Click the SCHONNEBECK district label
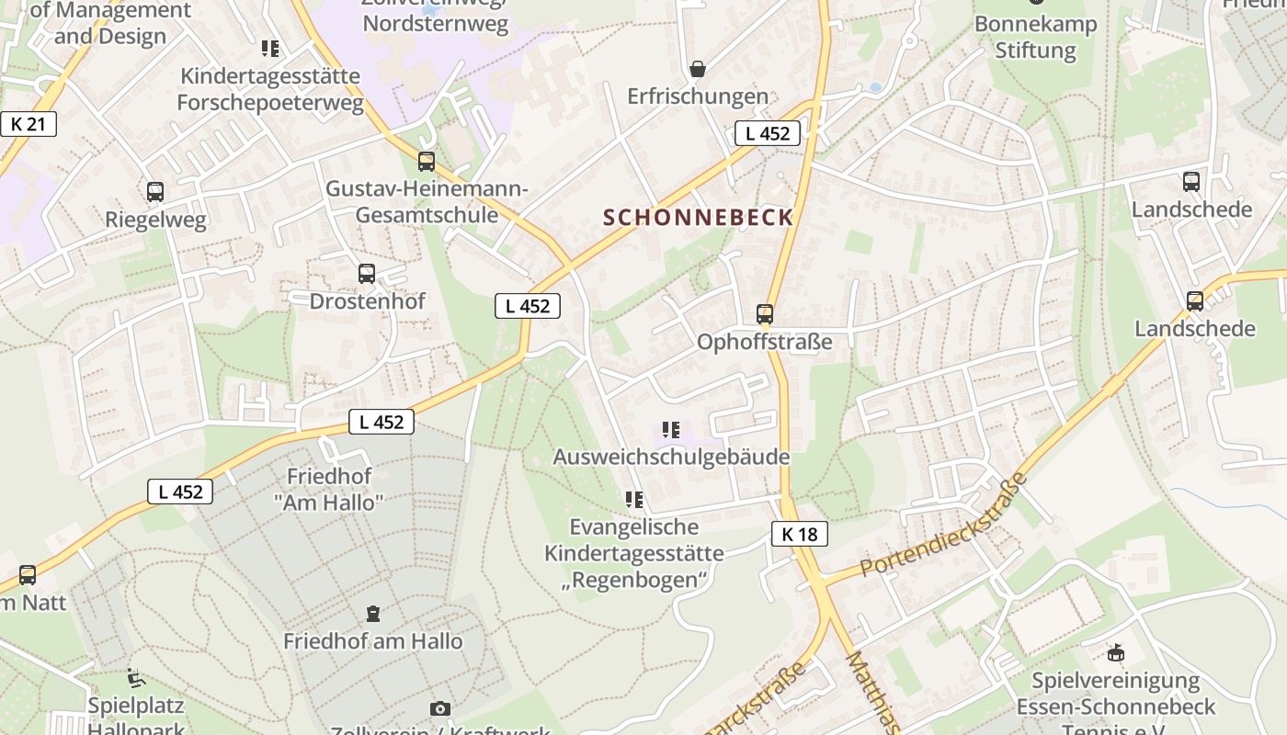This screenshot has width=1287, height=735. [x=698, y=218]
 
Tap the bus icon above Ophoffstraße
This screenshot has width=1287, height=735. [x=765, y=314]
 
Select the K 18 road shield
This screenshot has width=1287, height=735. [x=799, y=534]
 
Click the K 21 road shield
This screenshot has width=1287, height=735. [x=28, y=124]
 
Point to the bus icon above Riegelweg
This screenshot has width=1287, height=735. [x=155, y=192]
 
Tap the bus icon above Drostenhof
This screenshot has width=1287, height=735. [x=367, y=273]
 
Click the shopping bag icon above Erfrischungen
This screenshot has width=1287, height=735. [x=698, y=68]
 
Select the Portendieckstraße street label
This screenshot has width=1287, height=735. [x=944, y=526]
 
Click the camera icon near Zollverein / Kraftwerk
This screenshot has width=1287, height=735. [x=440, y=708]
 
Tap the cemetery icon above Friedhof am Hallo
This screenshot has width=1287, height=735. [x=373, y=613]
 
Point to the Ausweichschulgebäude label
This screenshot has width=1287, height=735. [x=671, y=457]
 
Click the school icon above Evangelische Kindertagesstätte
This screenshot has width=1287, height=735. [x=633, y=500]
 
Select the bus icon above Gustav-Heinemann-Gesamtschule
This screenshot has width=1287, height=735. [x=427, y=162]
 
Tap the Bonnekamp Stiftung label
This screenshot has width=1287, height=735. [x=1036, y=37]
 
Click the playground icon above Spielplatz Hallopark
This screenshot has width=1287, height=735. [x=136, y=678]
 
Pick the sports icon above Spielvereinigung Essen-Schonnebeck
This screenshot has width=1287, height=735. [x=1116, y=652]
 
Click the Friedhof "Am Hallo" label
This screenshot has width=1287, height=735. [x=328, y=490]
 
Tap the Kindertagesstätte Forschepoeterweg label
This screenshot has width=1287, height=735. [x=270, y=89]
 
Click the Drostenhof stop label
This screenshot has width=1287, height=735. [x=367, y=301]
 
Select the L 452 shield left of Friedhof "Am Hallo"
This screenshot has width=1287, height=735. [x=180, y=492]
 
